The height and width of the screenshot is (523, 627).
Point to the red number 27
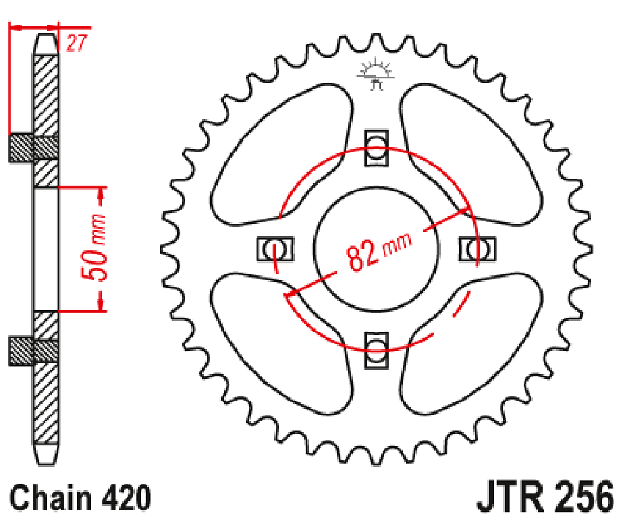pyautogui.click(x=76, y=44)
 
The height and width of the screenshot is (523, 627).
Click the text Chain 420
pyautogui.click(x=80, y=499)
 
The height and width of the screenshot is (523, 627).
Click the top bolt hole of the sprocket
pyautogui.click(x=376, y=148)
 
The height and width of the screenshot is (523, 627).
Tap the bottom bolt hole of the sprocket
pyautogui.click(x=376, y=348)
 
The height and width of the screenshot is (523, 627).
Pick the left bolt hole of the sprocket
pyautogui.click(x=275, y=248)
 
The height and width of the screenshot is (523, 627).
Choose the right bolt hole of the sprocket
pyautogui.click(x=478, y=248)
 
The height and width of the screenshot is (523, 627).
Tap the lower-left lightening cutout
pyautogui.click(x=279, y=335)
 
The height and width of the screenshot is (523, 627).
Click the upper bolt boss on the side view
pyautogui.click(x=34, y=147)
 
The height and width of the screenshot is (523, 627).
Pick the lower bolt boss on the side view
pyautogui.click(x=34, y=350)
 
